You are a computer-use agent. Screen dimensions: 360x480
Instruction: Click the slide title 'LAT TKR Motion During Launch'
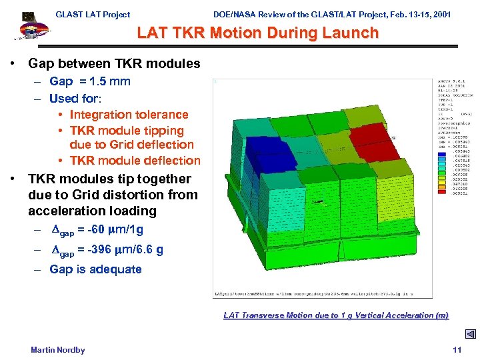(257, 33)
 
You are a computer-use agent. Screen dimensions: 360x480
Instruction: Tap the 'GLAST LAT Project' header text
(93, 14)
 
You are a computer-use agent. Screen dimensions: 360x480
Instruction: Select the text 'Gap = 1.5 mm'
(90, 81)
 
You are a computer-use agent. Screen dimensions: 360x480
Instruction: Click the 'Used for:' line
(75, 98)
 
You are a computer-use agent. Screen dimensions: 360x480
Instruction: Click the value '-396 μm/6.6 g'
(121, 250)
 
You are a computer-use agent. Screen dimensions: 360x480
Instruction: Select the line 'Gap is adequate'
(95, 269)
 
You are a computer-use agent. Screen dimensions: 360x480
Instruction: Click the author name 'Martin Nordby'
(58, 350)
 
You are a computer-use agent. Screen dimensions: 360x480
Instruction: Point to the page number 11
(457, 350)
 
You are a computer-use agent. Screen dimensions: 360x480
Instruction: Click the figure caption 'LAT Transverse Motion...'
(336, 315)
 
